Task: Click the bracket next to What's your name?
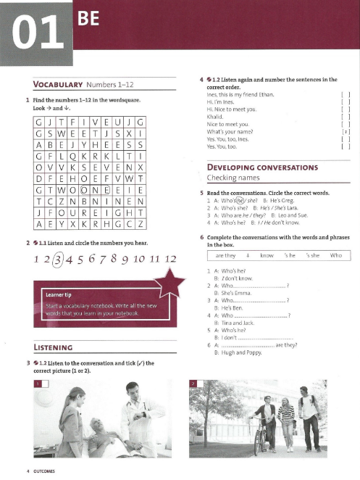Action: click(x=346, y=132)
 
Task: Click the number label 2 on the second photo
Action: click(x=193, y=382)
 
